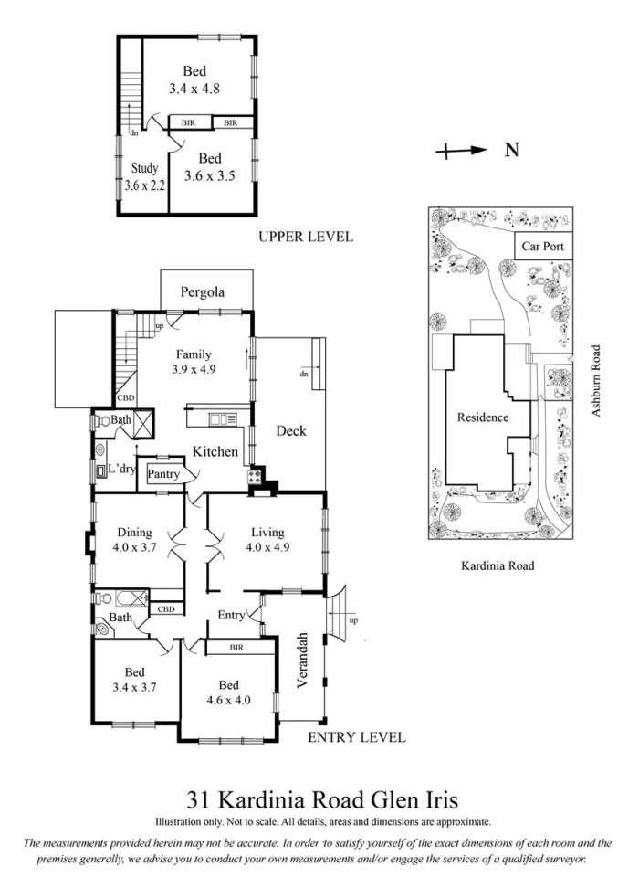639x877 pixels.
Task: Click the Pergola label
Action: point(203,292)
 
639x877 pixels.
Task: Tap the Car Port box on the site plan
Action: point(543,246)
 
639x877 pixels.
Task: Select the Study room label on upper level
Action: point(145,168)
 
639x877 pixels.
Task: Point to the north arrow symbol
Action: point(461,150)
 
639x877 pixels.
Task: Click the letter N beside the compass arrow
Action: point(511,150)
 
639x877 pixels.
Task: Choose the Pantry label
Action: point(163,474)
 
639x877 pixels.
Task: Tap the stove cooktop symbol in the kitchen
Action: point(255,477)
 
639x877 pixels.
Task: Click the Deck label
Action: point(291,430)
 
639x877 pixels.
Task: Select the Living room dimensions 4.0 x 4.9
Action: point(267,547)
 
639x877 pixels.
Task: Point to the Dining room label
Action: point(135,533)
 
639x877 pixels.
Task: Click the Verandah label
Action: point(302,660)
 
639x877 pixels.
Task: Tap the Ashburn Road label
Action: point(596,380)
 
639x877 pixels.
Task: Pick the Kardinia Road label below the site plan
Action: point(498,565)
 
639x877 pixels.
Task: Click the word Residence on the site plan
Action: point(483,417)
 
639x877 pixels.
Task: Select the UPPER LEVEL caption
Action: point(306,237)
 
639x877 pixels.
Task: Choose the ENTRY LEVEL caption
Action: point(357,737)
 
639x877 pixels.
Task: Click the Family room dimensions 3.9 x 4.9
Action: point(194,369)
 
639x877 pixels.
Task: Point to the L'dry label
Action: point(122,468)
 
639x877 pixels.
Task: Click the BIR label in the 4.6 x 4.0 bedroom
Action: point(236,648)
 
